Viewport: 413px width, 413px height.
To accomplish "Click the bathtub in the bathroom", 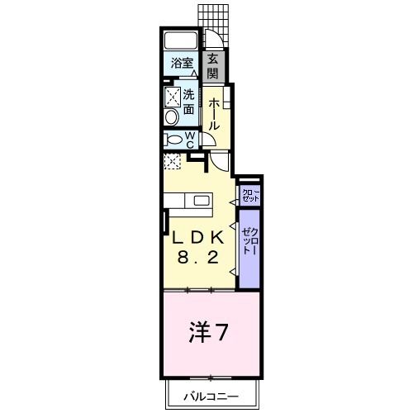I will [180, 40].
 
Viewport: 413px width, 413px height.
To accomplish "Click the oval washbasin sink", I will [171, 117].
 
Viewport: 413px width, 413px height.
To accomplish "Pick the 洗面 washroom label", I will [189, 102].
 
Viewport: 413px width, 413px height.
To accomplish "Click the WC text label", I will [190, 140].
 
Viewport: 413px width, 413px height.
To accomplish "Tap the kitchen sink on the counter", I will [201, 200].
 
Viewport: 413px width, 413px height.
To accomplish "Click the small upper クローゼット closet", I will [249, 195].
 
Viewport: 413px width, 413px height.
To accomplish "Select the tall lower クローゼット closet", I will [249, 248].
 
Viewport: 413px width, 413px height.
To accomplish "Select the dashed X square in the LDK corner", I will [172, 161].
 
